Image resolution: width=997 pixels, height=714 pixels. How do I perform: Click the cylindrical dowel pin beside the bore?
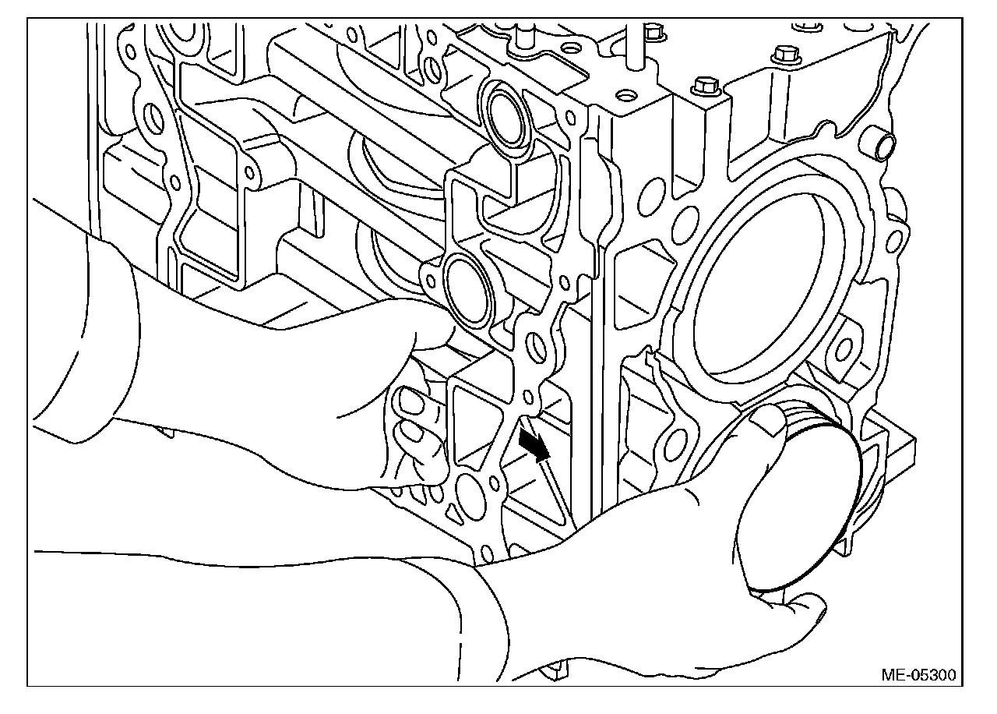(x=883, y=144)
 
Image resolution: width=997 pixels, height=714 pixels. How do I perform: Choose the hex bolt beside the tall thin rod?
(x=654, y=32)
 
